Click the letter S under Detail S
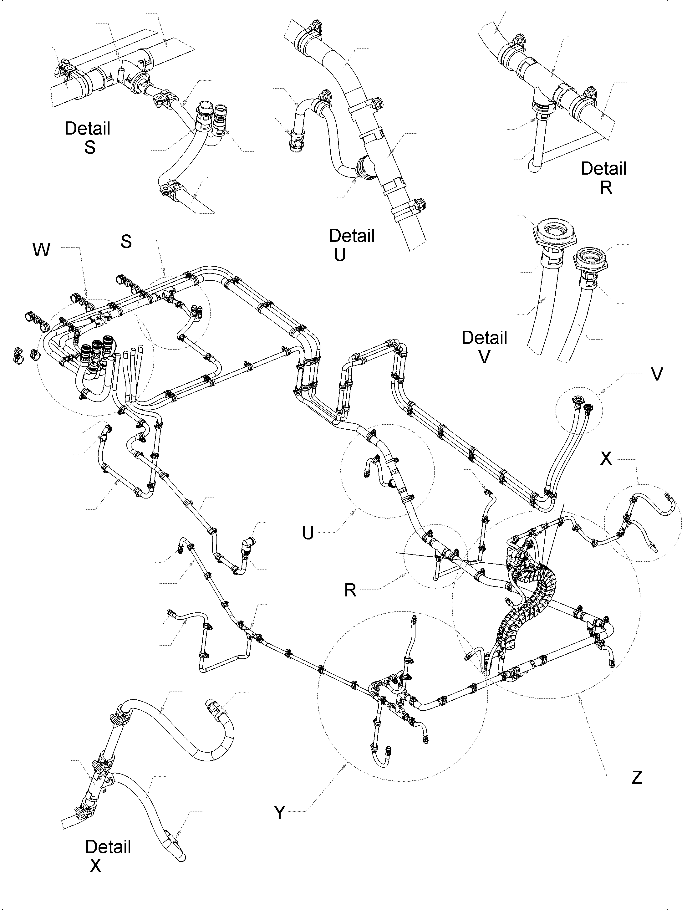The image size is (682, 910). tap(90, 147)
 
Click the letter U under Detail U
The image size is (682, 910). tap(340, 255)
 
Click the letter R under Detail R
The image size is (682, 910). tap(606, 187)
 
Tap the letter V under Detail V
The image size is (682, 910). tap(485, 357)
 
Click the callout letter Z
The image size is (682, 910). tap(636, 778)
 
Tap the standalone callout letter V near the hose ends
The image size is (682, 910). tap(657, 374)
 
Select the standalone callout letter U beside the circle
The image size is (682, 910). tap(308, 533)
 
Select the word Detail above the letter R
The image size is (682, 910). tap(603, 169)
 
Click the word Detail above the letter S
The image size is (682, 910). tap(88, 128)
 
